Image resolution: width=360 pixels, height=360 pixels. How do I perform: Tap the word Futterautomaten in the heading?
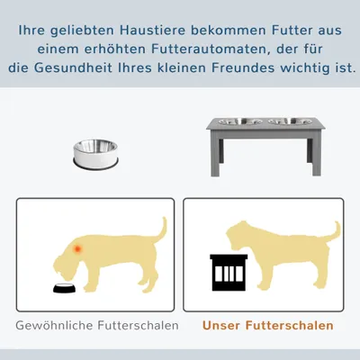(x=209, y=49)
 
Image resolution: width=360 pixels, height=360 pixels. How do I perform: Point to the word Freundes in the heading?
(x=243, y=67)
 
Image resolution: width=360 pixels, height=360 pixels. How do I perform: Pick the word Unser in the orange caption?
(x=221, y=326)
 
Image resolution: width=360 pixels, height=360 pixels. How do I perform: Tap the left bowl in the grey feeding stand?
(x=240, y=121)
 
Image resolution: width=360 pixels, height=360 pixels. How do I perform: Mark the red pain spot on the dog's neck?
(x=77, y=248)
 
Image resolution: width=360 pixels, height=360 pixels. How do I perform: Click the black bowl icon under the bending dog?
(x=65, y=288)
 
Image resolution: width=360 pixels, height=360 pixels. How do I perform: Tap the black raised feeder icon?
(x=229, y=273)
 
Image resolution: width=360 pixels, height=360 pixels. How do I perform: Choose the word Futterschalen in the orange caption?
(x=290, y=326)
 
